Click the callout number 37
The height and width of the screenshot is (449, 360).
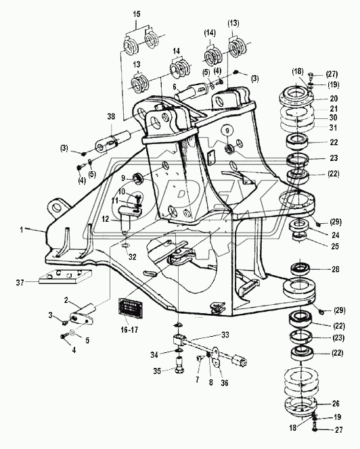[x=20, y=283]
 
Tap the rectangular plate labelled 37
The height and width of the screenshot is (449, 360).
[x=66, y=277]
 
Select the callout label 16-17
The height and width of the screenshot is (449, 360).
[x=129, y=330]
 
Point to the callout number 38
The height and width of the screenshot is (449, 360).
[x=111, y=116]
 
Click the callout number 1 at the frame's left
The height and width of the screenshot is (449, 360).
[x=22, y=230]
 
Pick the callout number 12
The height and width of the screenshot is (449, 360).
[x=106, y=219]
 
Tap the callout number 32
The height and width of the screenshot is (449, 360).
[x=132, y=257]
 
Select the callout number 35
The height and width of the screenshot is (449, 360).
[x=157, y=371]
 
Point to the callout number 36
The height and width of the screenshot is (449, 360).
[x=225, y=383]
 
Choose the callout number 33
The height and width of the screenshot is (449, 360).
[x=225, y=335]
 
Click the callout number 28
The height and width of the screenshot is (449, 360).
[x=335, y=269]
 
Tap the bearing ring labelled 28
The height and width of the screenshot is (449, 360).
[x=300, y=269]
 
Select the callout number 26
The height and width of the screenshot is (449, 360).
[x=335, y=404]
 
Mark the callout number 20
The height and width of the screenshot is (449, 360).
[x=334, y=99]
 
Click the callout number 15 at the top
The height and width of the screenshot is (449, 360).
[x=137, y=14]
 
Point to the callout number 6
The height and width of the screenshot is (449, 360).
[x=174, y=86]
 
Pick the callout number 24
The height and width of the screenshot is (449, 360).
[x=335, y=235]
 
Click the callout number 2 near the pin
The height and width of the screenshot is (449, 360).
[x=66, y=300]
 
